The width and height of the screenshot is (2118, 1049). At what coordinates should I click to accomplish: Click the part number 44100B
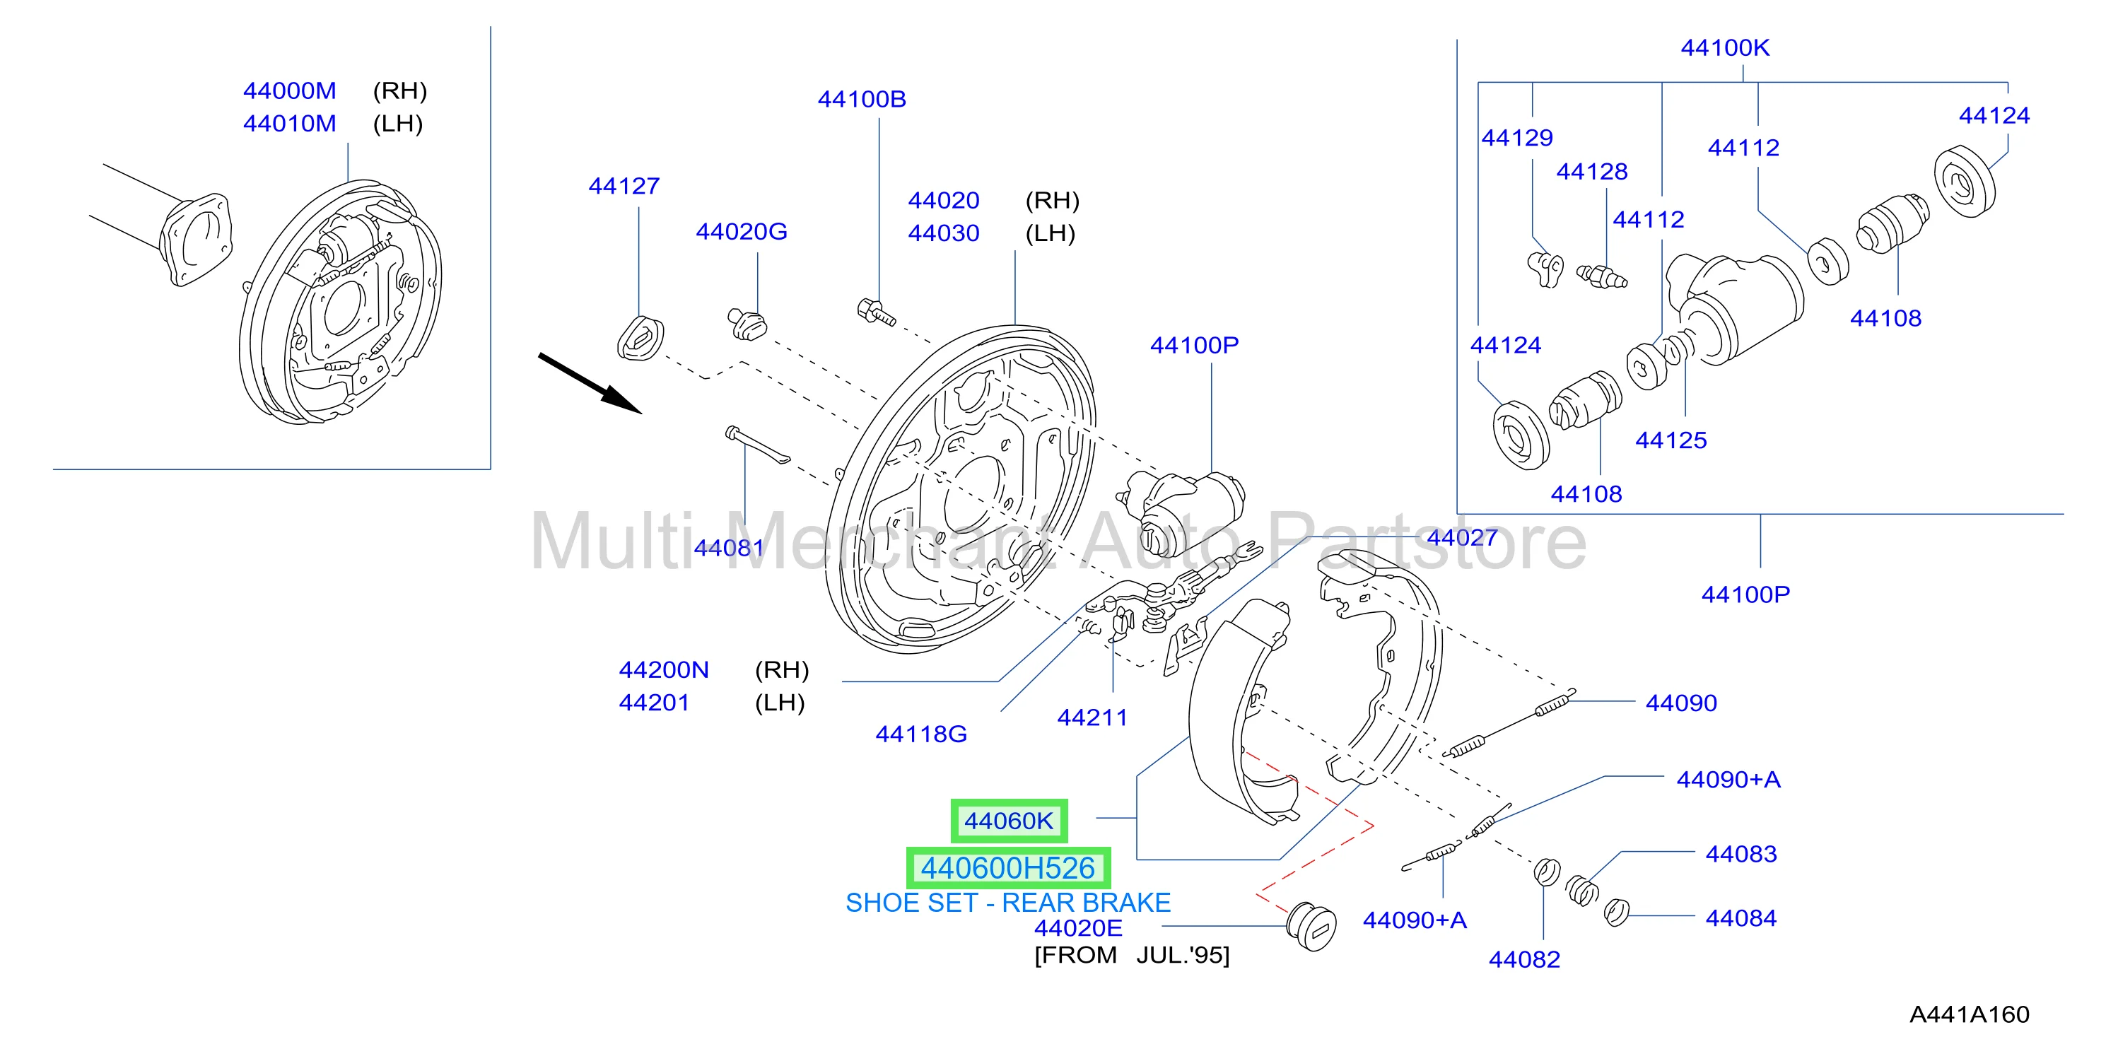(861, 100)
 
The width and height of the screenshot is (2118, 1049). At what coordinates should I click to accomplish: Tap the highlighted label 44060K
(1009, 821)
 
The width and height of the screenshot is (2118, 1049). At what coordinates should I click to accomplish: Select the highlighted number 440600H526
(1008, 868)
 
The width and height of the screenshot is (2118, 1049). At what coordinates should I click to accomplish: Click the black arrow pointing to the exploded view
(590, 383)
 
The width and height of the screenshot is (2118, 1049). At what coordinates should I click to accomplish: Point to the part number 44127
(624, 187)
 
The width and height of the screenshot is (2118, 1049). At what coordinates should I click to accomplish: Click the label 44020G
(742, 232)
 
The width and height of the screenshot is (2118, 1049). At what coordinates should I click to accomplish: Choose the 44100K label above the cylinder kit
(1725, 47)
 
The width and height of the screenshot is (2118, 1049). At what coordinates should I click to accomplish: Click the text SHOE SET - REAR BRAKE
(1008, 903)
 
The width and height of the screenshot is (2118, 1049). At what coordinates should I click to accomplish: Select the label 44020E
(1078, 928)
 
